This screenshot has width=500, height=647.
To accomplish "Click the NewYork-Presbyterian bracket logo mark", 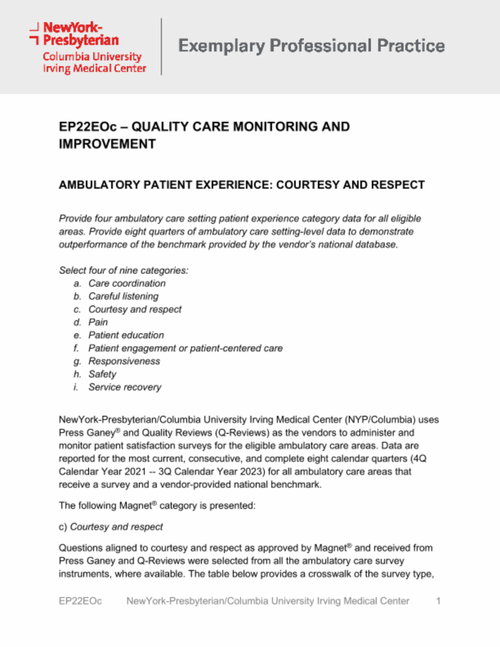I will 34,33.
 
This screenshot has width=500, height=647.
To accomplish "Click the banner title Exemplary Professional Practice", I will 312,46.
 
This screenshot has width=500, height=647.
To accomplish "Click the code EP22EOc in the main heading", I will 88,127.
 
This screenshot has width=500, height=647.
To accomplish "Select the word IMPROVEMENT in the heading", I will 107,145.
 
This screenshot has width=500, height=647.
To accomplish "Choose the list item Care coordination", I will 127,284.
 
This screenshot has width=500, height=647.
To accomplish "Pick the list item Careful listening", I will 124,296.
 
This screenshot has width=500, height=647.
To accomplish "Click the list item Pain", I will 98,322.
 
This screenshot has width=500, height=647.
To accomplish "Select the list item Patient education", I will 126,335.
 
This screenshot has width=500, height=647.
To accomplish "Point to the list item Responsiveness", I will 124,361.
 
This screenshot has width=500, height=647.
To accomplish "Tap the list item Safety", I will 103,375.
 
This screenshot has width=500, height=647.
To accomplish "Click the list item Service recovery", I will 125,387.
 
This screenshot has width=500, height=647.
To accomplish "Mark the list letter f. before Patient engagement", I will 76,349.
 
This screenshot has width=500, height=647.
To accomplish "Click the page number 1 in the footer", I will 438,601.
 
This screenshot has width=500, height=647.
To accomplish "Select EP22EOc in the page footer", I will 81,601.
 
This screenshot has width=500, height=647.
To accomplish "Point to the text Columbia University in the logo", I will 92,57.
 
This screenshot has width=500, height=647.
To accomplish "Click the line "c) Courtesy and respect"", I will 111,527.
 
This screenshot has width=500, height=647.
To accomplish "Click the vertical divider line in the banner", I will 162,46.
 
